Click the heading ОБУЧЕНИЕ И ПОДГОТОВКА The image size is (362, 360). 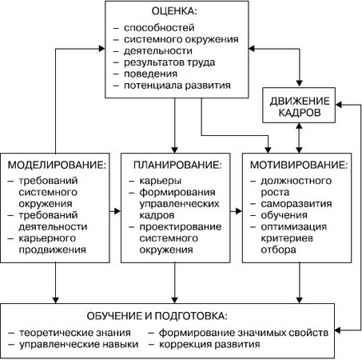[162, 316]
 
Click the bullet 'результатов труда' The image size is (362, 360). [169, 62]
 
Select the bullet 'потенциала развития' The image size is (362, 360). [177, 85]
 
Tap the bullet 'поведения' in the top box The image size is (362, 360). [153, 73]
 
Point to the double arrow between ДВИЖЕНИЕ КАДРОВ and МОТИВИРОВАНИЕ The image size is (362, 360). [298, 136]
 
